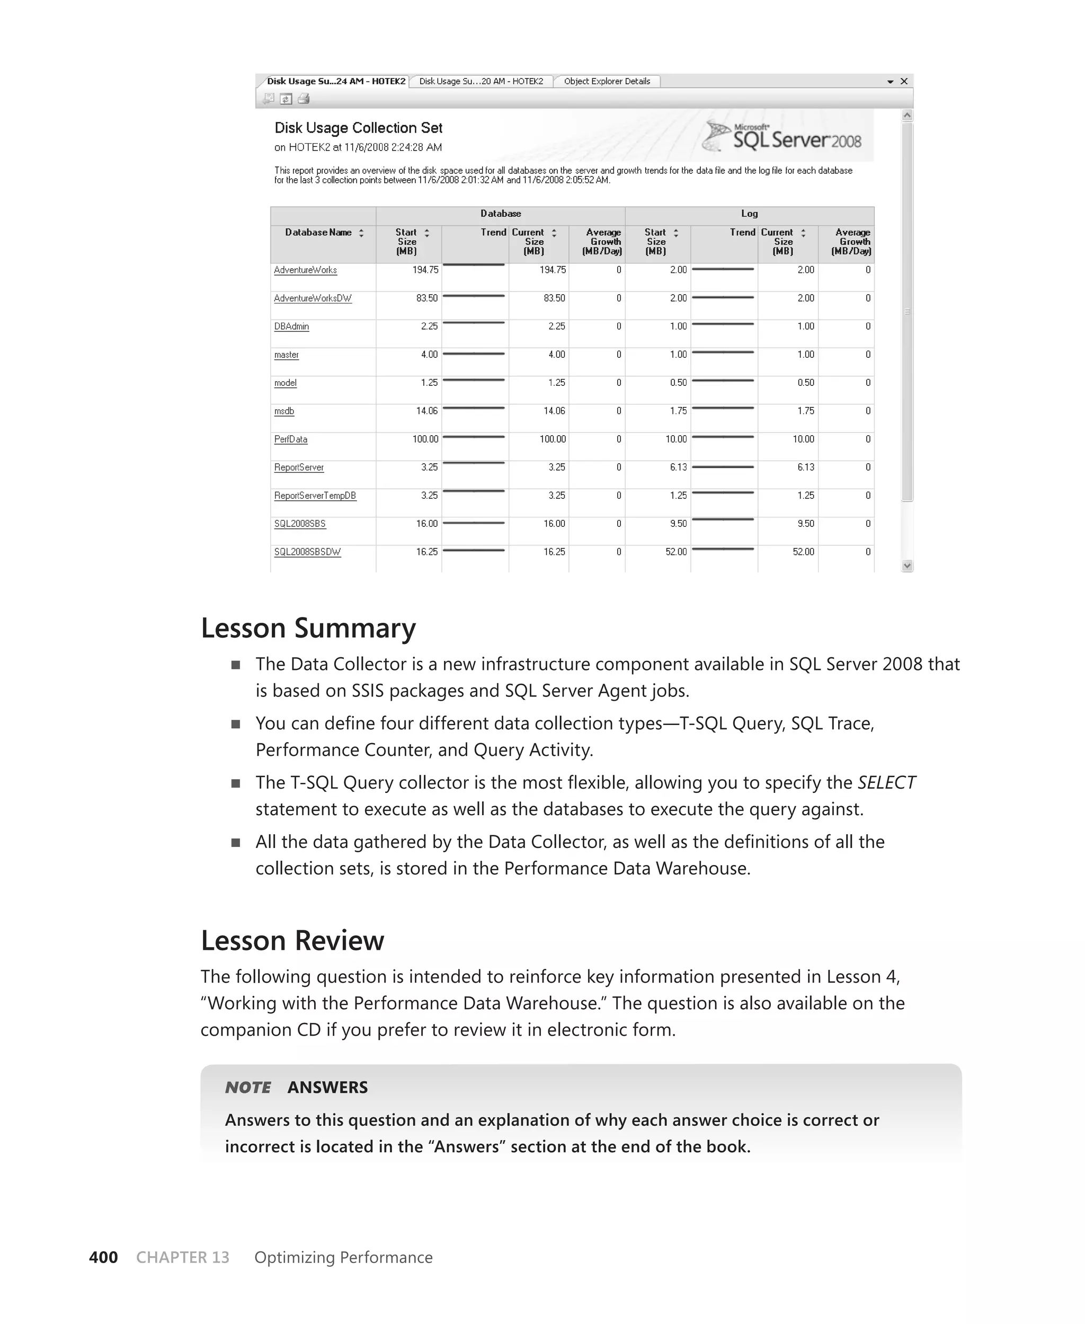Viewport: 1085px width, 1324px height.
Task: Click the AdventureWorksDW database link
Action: point(313,299)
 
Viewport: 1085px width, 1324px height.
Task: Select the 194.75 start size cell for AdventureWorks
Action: point(425,270)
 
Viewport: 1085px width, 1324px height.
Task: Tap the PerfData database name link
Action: point(291,439)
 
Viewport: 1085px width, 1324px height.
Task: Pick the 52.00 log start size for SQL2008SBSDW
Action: point(675,552)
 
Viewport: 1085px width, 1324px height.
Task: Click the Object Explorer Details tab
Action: point(606,81)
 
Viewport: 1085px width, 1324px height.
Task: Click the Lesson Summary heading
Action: point(308,628)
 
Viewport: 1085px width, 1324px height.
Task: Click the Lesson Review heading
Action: point(292,941)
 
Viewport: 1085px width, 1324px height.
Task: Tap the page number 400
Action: point(103,1257)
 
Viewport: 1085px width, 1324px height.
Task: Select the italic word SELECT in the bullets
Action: point(886,783)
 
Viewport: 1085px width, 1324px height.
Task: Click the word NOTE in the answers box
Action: point(247,1087)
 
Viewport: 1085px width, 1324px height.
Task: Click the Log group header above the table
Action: point(749,214)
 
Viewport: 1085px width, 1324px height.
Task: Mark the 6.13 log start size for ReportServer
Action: point(678,467)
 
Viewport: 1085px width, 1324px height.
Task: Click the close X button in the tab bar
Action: point(904,81)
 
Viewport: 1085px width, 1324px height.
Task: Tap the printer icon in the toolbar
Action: point(304,99)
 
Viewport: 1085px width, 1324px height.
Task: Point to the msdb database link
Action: point(284,411)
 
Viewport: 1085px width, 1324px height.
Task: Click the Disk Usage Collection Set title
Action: point(358,128)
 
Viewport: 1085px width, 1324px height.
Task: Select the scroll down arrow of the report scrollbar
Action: point(908,566)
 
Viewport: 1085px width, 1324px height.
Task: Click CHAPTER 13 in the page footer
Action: point(182,1257)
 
